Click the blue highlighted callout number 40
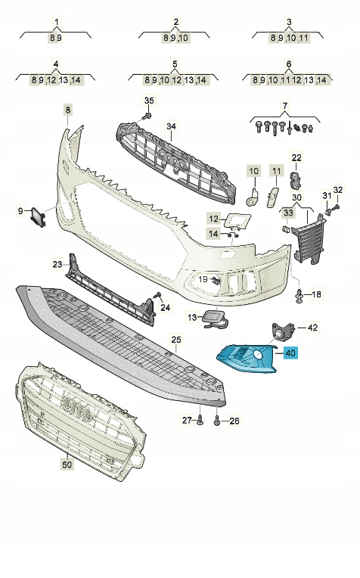(x=290, y=353)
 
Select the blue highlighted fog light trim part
(x=247, y=359)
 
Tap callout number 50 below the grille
(x=67, y=464)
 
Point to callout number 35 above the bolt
(x=148, y=101)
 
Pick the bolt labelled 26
(x=217, y=420)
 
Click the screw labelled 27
(x=200, y=419)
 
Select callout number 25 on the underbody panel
(x=176, y=340)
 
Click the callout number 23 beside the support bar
(x=57, y=264)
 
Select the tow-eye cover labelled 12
(x=238, y=220)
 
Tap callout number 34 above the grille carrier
(x=171, y=126)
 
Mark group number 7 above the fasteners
(x=285, y=106)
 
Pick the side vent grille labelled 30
(x=309, y=239)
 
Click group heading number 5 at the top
(x=175, y=64)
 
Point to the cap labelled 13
(x=214, y=319)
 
